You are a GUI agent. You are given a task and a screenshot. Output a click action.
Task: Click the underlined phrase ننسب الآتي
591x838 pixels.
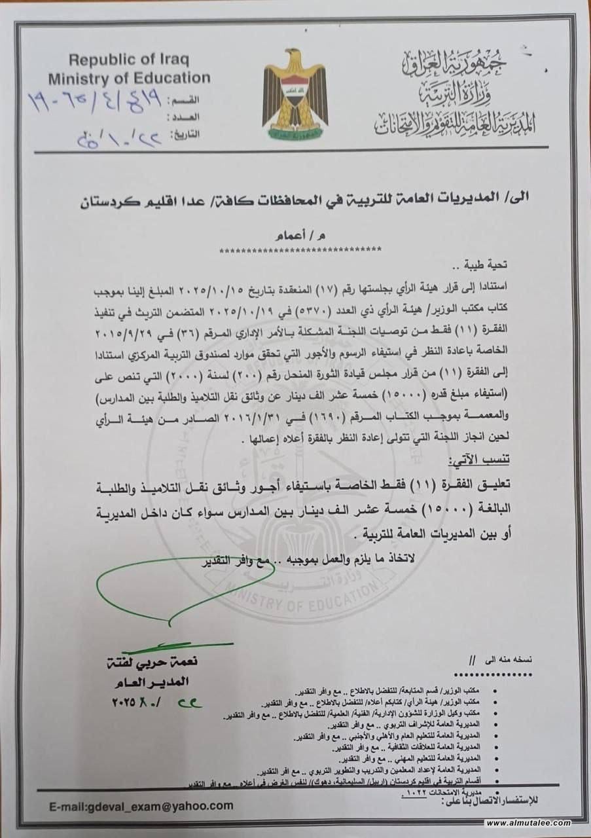click(492, 462)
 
